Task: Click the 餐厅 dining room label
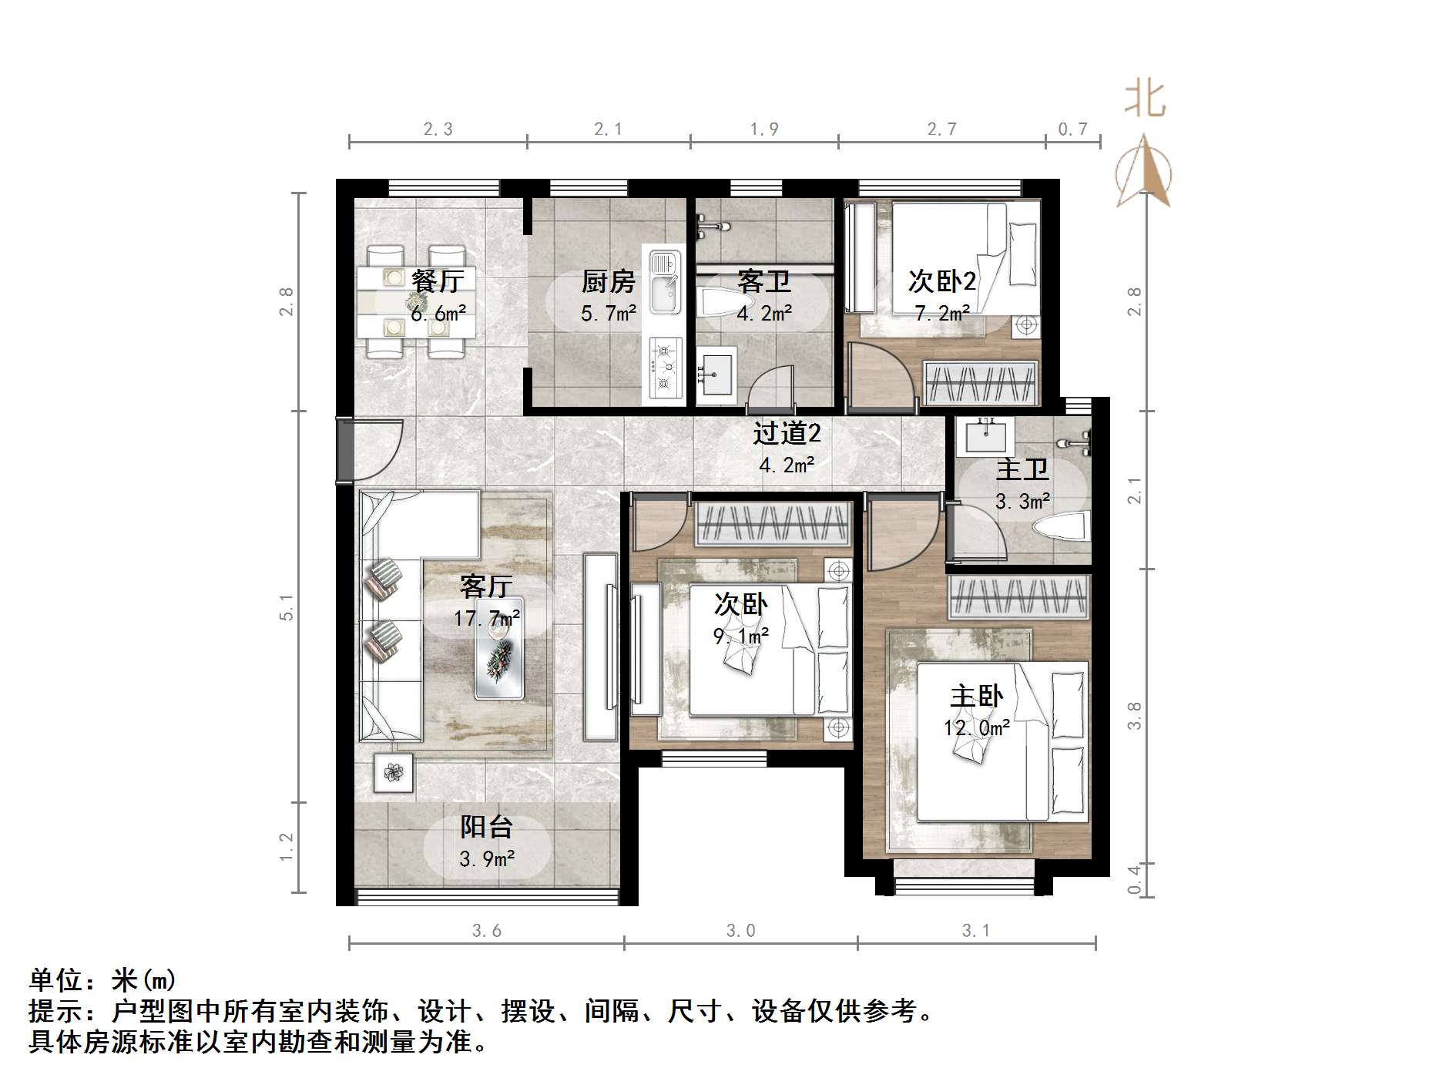pos(437,281)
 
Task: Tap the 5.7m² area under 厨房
pos(608,314)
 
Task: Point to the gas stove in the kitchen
pos(664,368)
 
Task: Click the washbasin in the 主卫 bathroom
pos(985,436)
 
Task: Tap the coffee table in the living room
pos(499,649)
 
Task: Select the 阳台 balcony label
pos(486,827)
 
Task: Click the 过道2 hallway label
pos(786,434)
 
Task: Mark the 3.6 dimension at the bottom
pos(486,931)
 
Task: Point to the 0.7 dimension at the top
pos(1072,129)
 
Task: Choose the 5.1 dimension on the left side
pos(287,606)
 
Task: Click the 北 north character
pos(1145,100)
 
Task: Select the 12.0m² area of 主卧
pos(976,728)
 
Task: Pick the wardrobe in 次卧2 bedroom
pos(979,383)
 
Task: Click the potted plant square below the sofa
pos(393,772)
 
